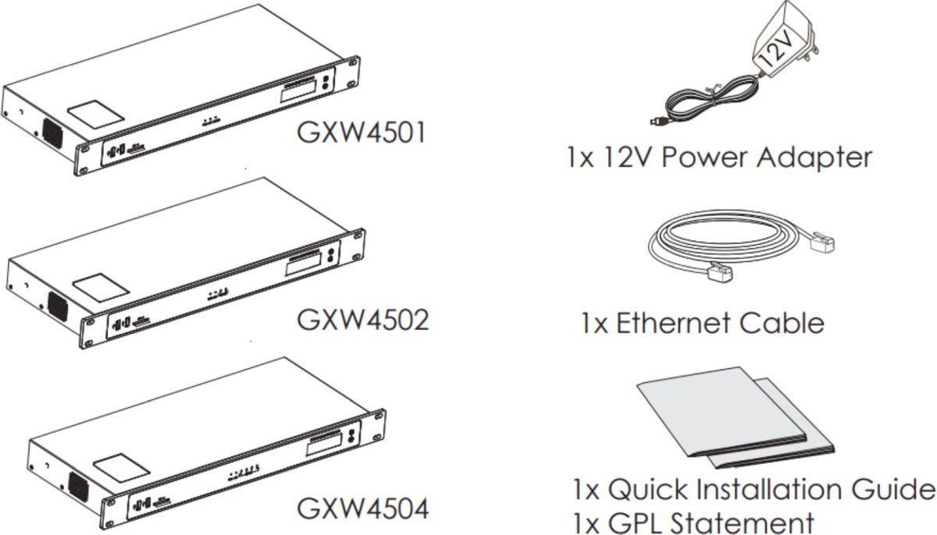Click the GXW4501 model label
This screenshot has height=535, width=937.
[361, 132]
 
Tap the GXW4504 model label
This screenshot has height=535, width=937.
[362, 508]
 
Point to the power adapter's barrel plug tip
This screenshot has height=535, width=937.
[653, 121]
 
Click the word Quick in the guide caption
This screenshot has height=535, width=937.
[652, 491]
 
